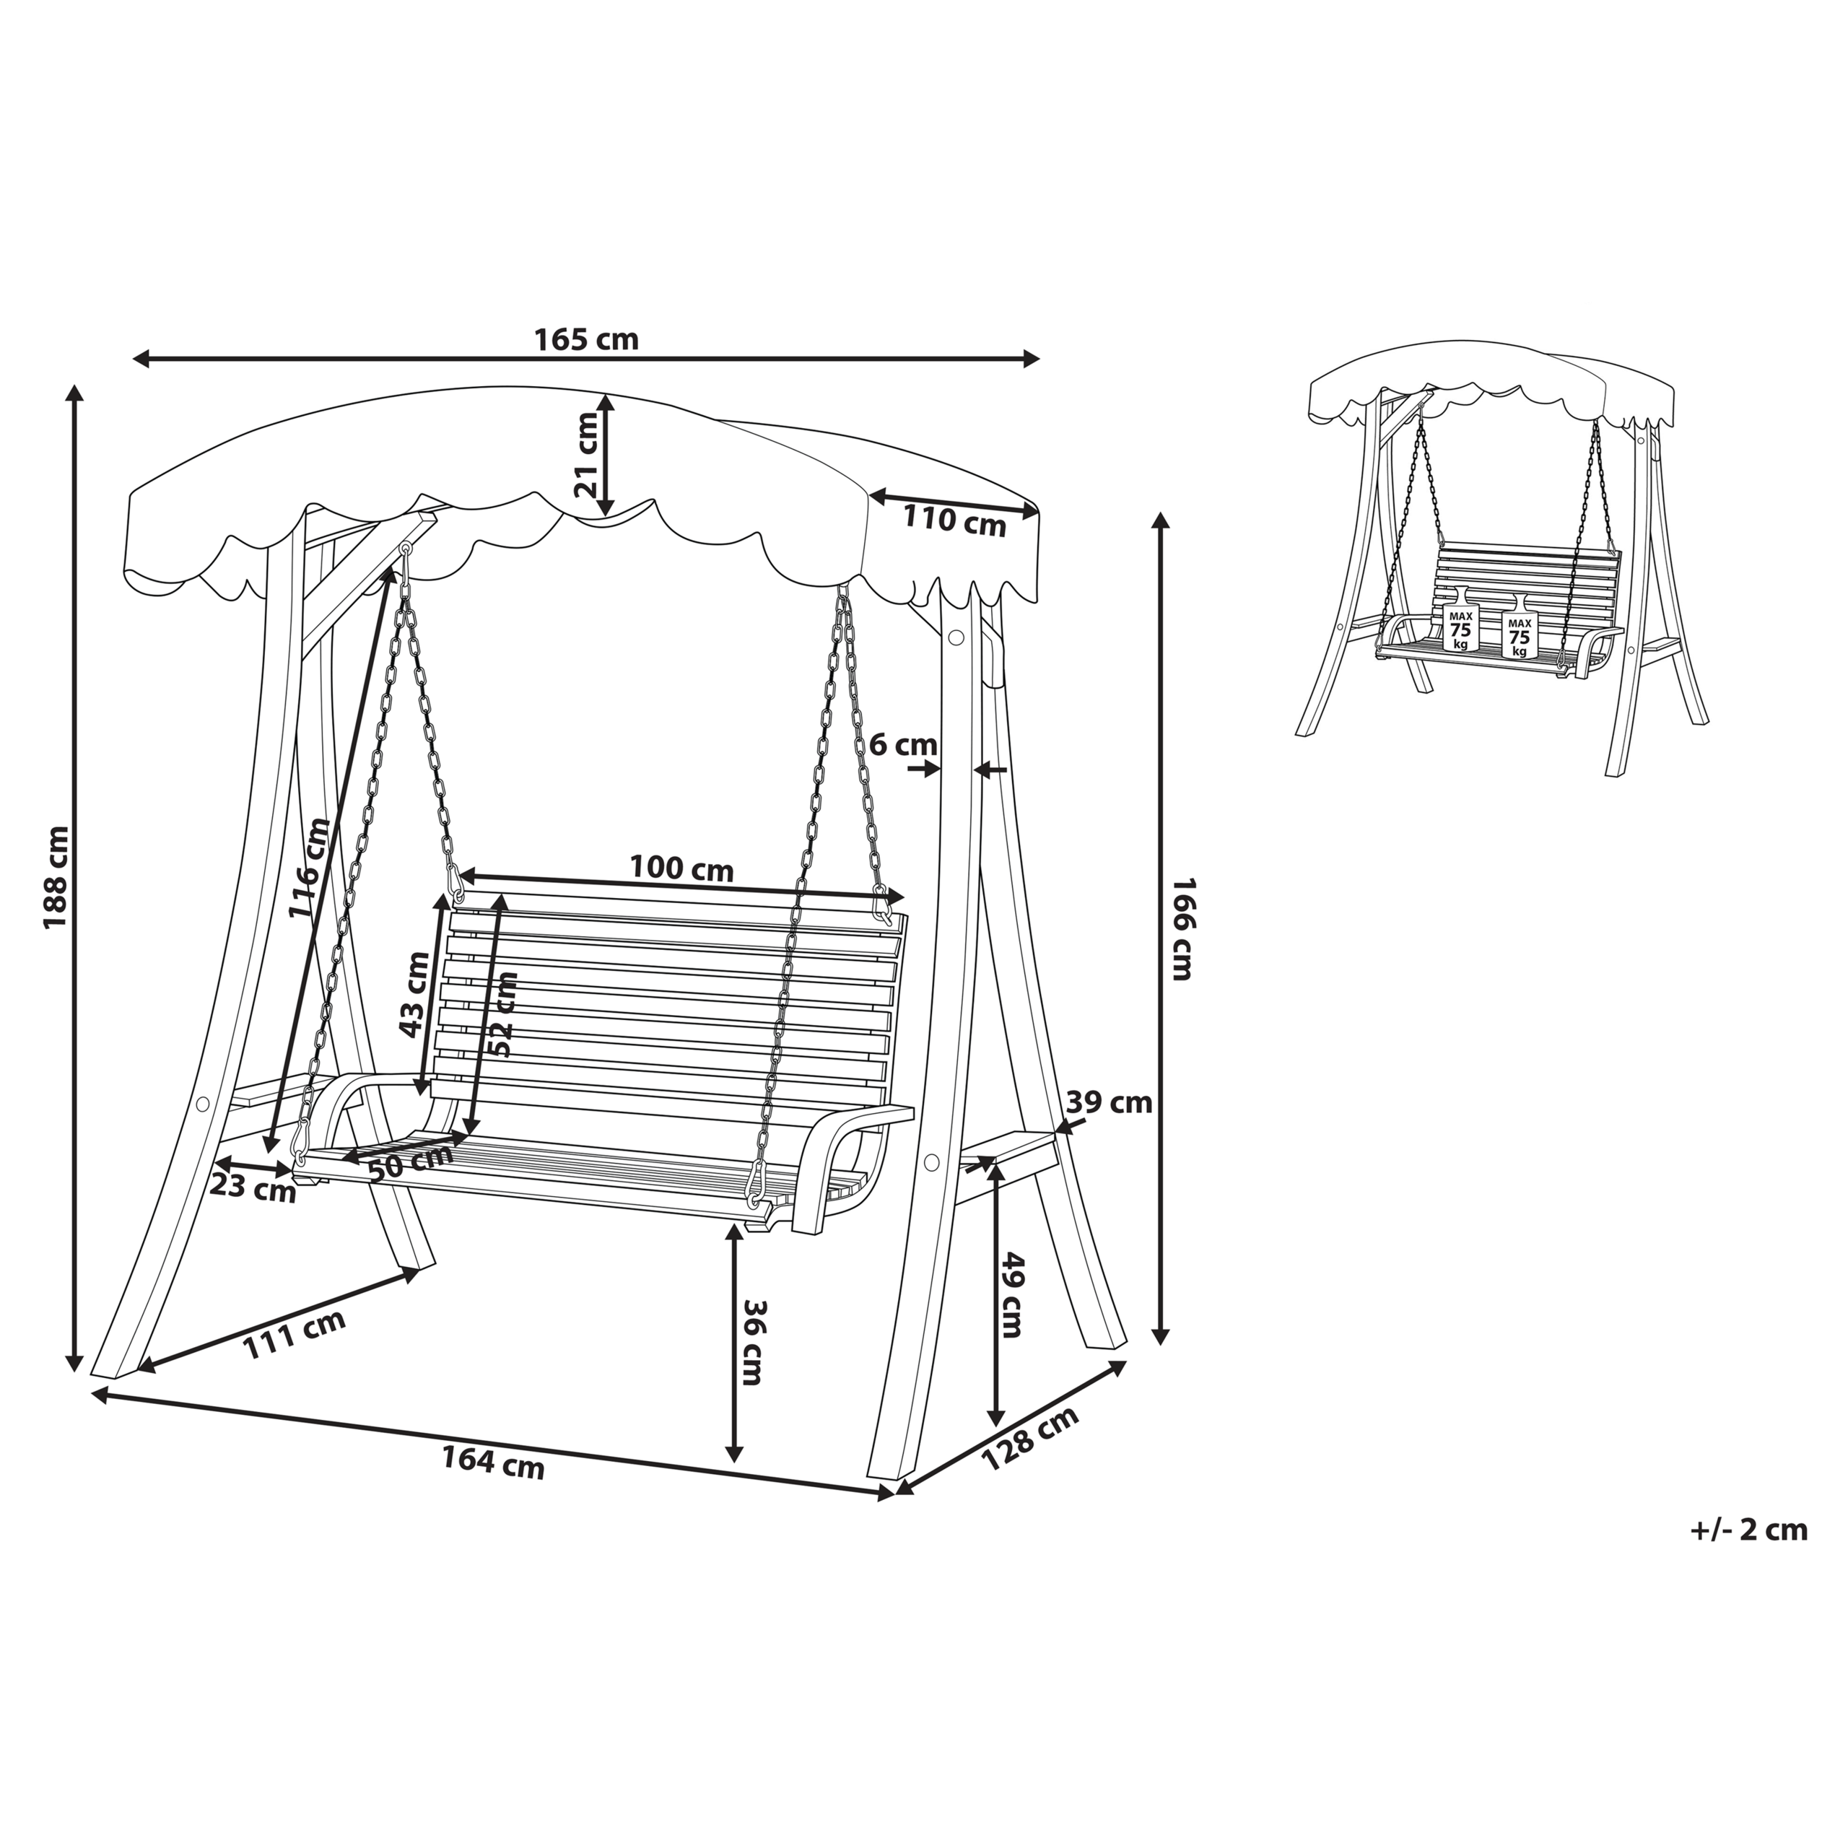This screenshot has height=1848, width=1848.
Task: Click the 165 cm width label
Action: coord(585,339)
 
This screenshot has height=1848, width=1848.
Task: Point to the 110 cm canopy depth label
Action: coord(954,522)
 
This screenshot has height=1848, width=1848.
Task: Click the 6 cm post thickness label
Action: coord(903,744)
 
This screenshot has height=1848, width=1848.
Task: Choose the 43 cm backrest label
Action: coord(414,995)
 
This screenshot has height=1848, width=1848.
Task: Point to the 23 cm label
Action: coord(253,1188)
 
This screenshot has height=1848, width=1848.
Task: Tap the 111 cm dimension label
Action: coord(294,1334)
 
